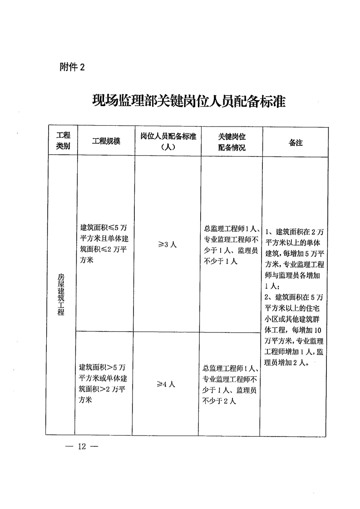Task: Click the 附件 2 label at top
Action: (72, 67)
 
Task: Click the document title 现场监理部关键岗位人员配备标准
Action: (188, 100)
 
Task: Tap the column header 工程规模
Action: (106, 141)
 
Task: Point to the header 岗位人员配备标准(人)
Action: (168, 141)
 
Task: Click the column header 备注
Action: (296, 142)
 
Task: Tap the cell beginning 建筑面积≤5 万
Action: (105, 244)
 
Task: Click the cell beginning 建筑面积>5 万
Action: (105, 383)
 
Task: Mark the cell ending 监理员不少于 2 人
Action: (231, 384)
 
